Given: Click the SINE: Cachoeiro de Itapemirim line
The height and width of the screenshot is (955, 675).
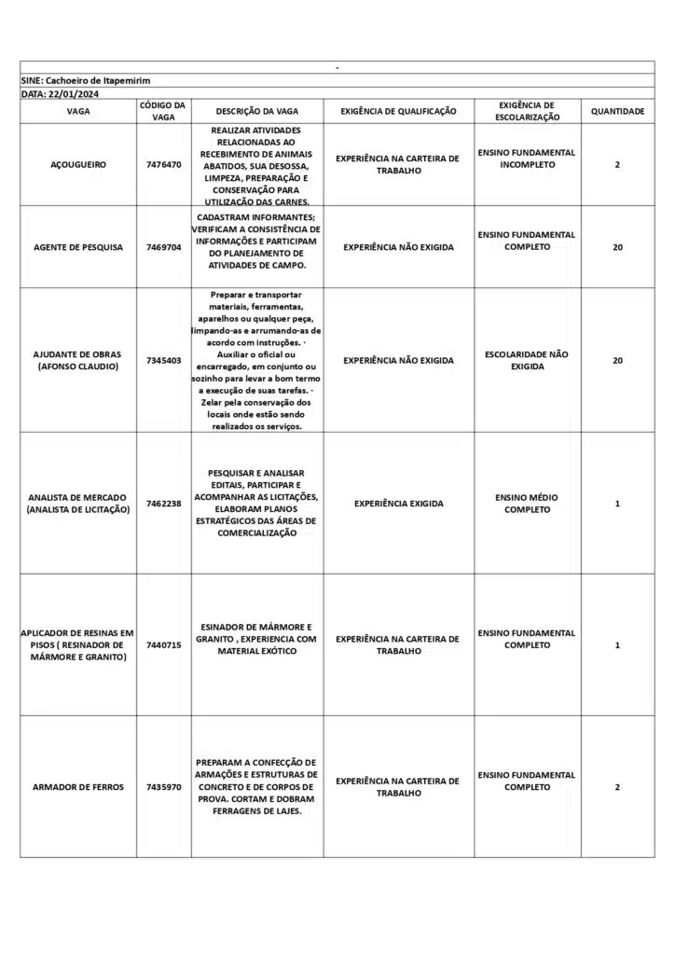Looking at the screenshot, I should tap(86, 81).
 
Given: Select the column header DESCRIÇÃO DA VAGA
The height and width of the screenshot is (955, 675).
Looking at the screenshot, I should tap(256, 111).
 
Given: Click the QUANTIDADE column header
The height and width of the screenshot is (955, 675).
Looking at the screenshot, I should tap(617, 111).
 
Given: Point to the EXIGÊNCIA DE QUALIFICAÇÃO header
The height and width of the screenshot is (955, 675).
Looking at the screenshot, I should tap(398, 111).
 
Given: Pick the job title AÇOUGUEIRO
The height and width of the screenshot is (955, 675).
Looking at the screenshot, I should tap(78, 165).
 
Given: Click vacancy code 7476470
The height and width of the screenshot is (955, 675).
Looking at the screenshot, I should tap(164, 165).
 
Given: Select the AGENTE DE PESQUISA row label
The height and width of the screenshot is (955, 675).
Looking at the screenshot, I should tap(78, 247).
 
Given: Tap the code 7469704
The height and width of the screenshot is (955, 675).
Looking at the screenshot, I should tap(164, 247).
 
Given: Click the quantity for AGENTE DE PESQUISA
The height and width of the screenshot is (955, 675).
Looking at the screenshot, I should tap(617, 247).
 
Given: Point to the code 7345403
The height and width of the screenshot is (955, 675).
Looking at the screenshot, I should tap(164, 360).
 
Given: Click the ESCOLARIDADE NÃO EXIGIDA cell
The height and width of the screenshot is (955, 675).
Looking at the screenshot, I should tap(527, 360).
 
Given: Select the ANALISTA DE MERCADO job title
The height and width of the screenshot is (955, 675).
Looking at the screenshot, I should tap(78, 504).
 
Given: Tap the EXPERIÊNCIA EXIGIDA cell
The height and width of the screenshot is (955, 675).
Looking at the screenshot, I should tap(398, 504).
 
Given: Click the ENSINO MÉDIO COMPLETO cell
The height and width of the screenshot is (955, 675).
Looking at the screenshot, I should tap(527, 504).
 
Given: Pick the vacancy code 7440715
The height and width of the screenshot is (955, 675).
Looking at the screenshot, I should tap(164, 645).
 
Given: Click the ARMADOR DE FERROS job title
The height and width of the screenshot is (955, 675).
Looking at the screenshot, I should tap(78, 787).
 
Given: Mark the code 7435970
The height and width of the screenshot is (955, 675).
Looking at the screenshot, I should tap(164, 787).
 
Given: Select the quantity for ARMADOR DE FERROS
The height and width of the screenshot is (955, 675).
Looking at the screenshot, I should tap(617, 787).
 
